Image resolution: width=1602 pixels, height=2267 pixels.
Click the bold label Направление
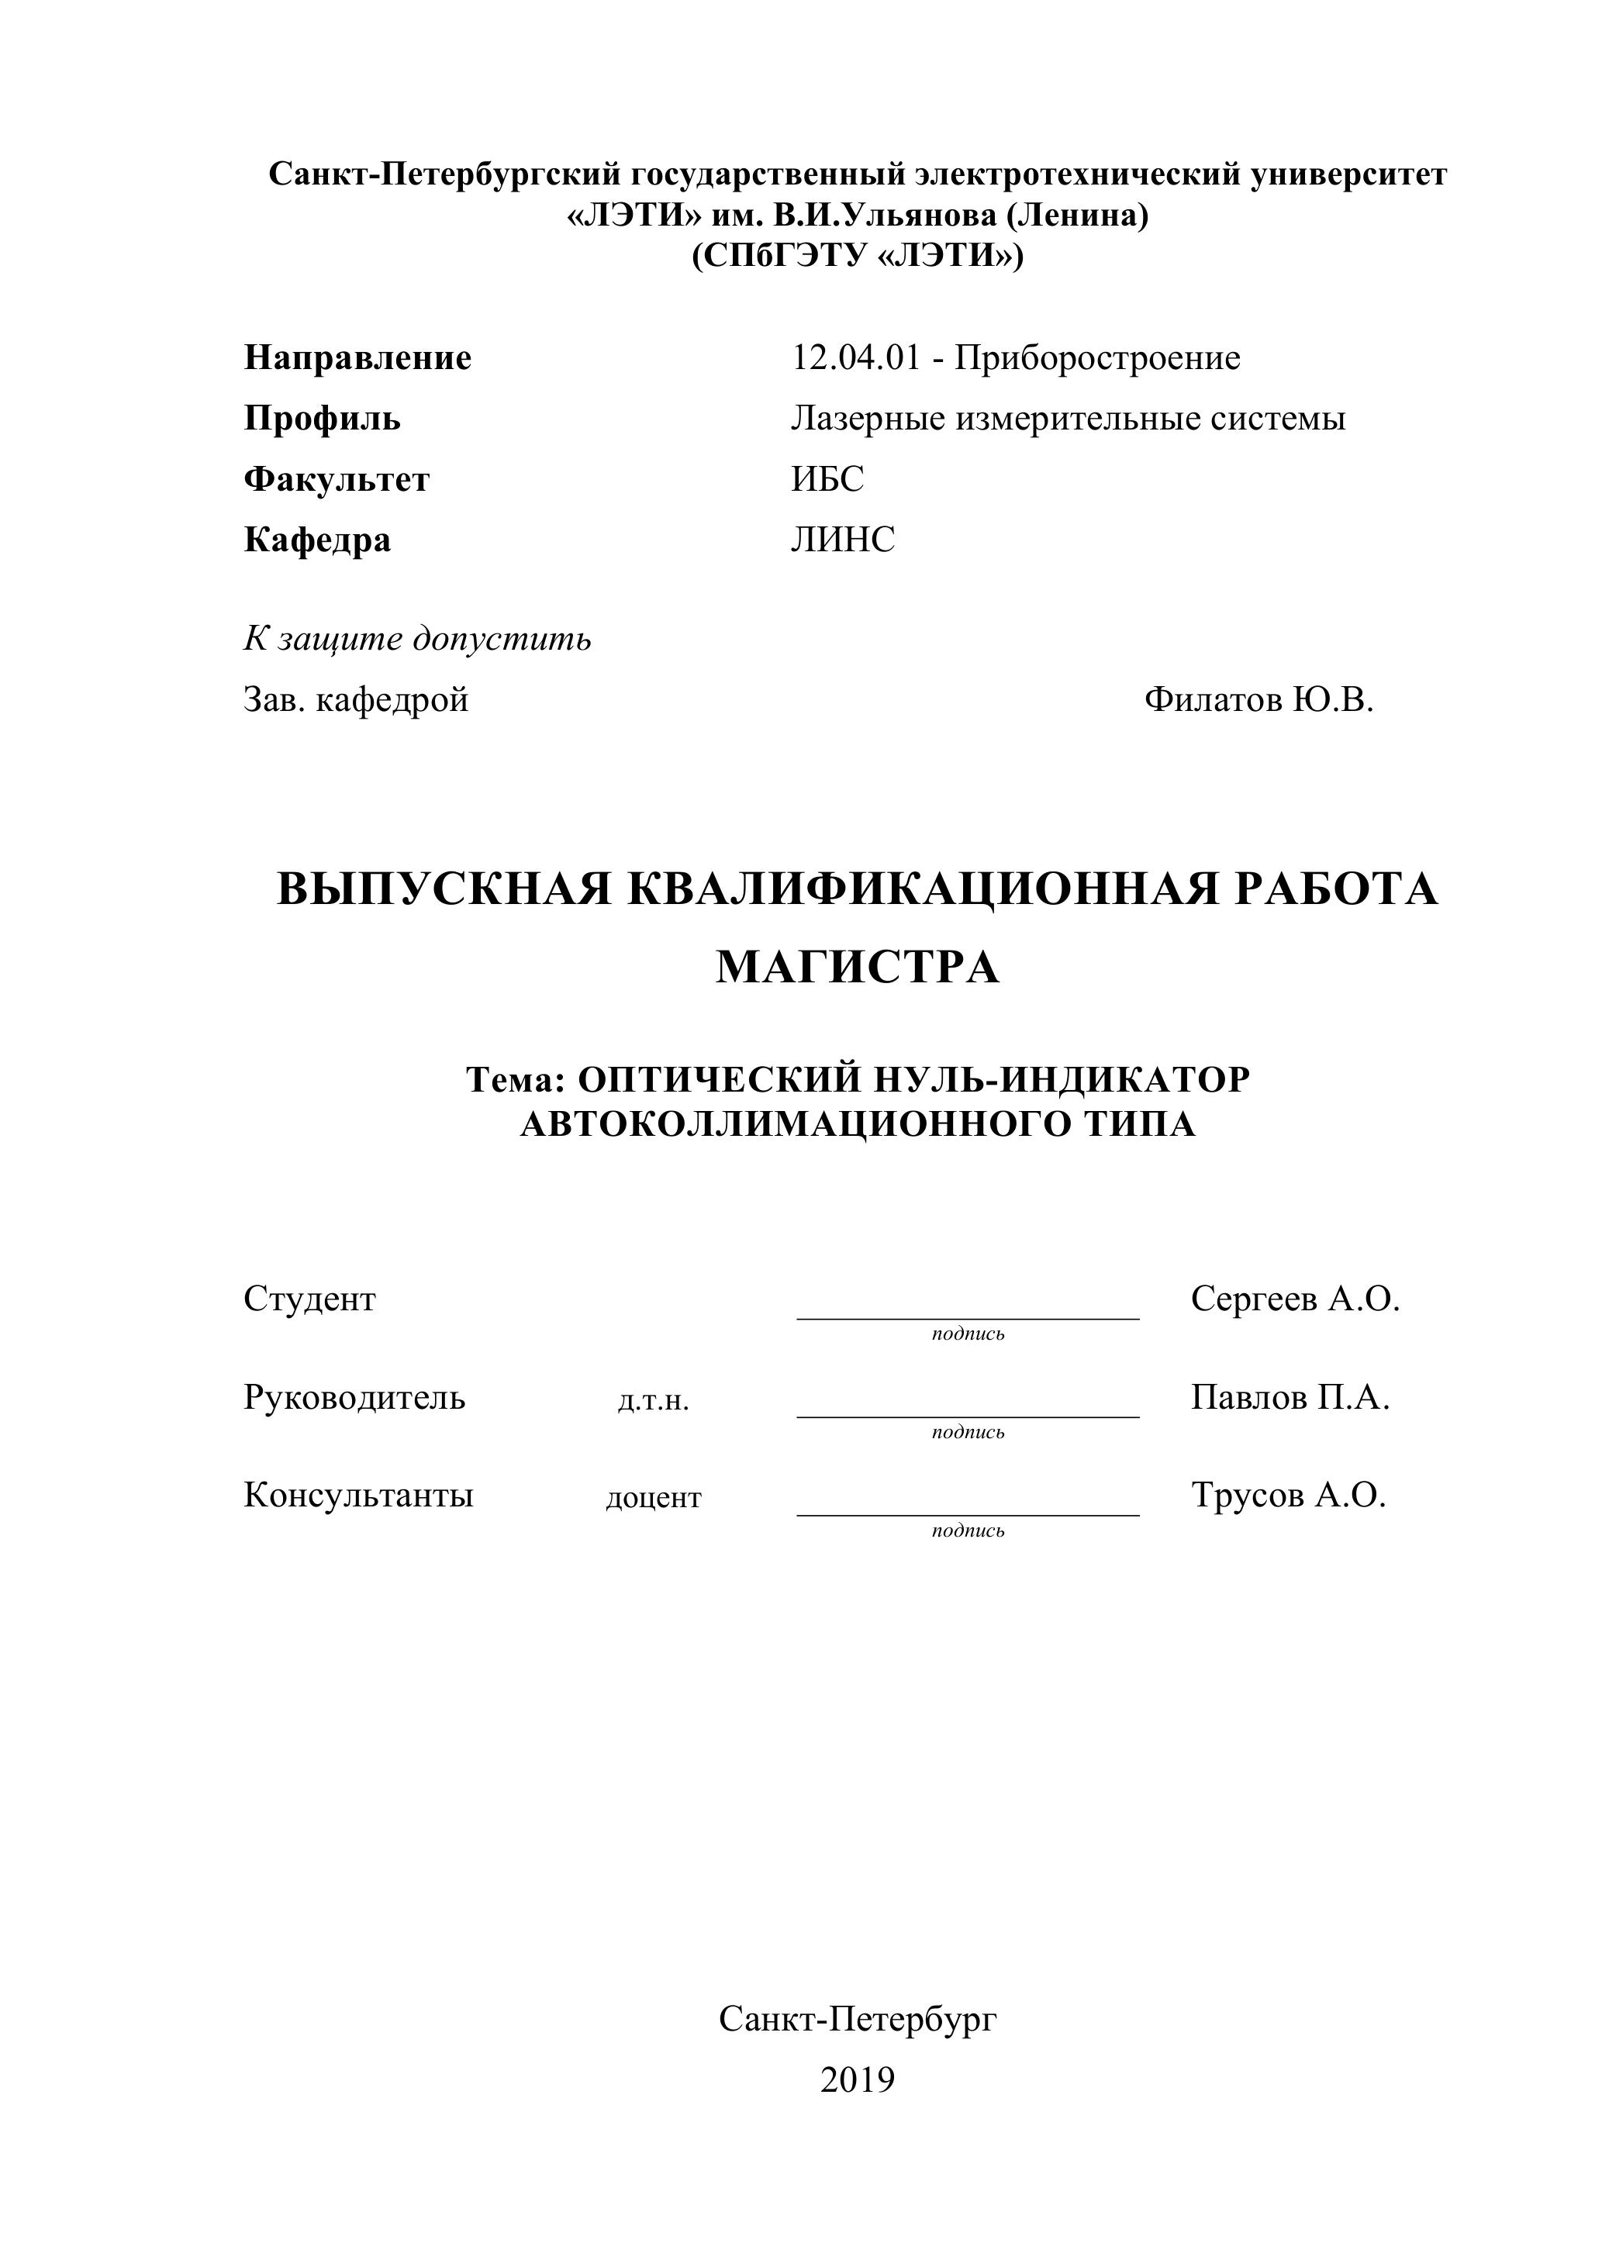[357, 357]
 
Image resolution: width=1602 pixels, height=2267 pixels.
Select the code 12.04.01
[855, 357]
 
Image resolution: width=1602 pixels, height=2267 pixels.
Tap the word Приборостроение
[1096, 357]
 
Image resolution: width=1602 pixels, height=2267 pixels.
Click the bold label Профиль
[322, 419]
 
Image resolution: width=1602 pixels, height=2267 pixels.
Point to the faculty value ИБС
[827, 480]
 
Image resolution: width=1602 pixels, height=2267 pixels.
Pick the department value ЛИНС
[842, 540]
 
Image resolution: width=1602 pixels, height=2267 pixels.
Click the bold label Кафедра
[317, 540]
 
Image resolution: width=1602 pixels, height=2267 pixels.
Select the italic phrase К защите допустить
[417, 640]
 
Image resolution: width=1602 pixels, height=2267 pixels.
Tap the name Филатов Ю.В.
[1259, 700]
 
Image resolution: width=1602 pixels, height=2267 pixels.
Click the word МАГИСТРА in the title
[858, 968]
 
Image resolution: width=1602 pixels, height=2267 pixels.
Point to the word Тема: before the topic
[513, 1080]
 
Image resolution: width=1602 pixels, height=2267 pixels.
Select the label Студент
[309, 1299]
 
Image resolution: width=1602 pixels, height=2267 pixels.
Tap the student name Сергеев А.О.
[1296, 1299]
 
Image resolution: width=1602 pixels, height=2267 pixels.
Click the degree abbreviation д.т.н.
[653, 1401]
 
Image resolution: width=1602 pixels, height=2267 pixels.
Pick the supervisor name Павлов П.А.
[1290, 1398]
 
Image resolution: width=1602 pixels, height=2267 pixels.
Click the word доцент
[653, 1499]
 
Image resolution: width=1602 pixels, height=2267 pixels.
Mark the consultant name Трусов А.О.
[1289, 1496]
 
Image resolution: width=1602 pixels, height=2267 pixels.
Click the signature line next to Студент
[968, 1317]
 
